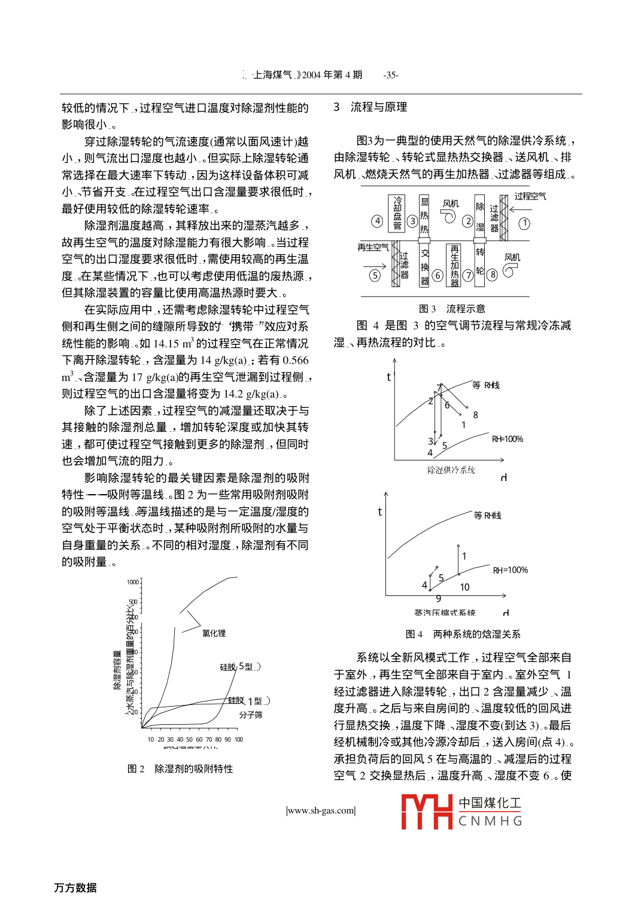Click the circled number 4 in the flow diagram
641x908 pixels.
pos(377,221)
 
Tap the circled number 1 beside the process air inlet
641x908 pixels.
pos(524,223)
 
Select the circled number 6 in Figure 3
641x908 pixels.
pos(438,276)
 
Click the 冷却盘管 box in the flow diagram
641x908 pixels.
pos(397,213)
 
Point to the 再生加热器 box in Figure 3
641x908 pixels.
pos(454,265)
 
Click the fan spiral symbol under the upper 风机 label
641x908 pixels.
pos(449,216)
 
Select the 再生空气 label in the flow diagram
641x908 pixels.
pos(373,247)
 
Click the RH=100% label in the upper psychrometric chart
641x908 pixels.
pos(508,439)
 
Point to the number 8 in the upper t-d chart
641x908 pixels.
pos(475,415)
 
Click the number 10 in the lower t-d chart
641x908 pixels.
pos(464,587)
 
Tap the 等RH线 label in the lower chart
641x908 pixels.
pos(487,515)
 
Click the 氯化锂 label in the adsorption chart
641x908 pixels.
pos(214,633)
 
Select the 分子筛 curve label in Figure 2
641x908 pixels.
pos(251,715)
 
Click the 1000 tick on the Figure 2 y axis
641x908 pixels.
pos(133,582)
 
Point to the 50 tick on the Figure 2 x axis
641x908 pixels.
pos(190,739)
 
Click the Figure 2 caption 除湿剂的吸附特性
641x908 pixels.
pos(193,768)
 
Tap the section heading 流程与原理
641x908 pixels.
pos(378,107)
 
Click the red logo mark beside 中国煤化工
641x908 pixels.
pos(426,812)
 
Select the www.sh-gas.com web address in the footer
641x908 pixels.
pos(321,810)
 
